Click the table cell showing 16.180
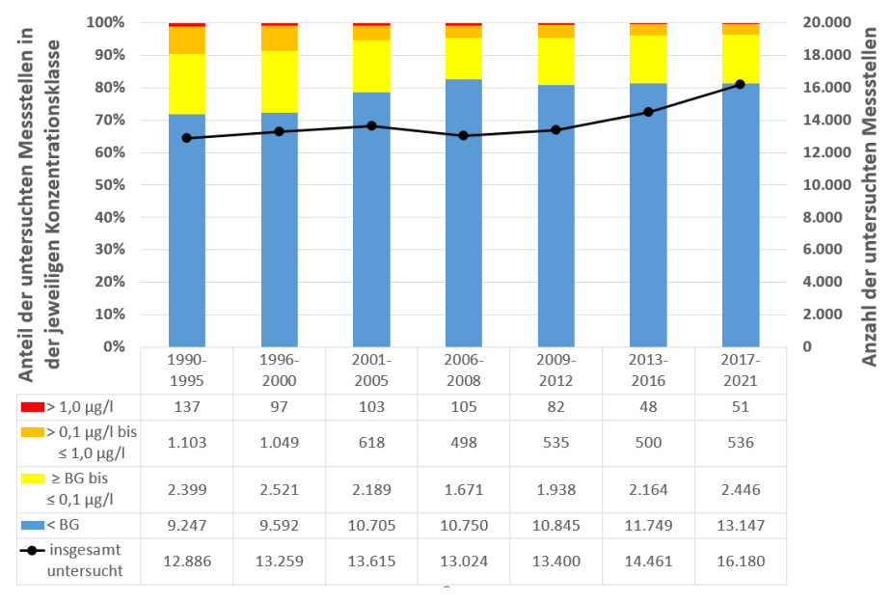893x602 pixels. coord(740,561)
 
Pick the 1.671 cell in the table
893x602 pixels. coord(463,490)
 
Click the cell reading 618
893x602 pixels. coord(371,443)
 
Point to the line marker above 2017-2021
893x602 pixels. coord(740,84)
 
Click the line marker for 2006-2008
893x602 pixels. coord(463,135)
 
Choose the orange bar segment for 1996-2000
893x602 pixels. coord(279,38)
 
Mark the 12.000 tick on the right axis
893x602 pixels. coord(825,152)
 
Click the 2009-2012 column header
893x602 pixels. coord(555,369)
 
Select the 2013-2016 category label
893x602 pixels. coord(648,369)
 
